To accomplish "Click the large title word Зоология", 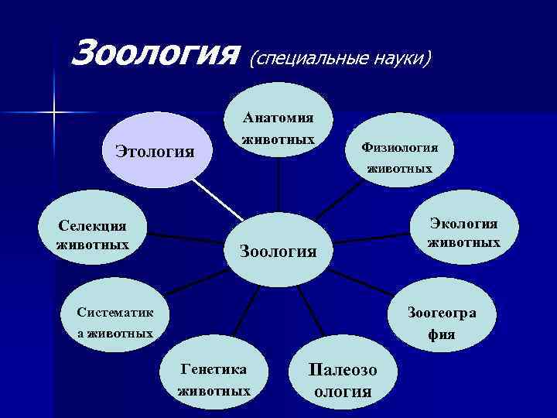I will coord(152,53).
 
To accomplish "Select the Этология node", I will coord(154,149).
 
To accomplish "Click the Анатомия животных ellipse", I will coord(278,128).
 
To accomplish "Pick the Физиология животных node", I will coord(399,157).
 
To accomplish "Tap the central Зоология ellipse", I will coord(278,250).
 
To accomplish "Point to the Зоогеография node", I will coord(442,323).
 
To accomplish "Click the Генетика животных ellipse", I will coord(214,379).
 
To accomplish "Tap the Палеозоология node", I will coord(343,380).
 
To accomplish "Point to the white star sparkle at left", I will coord(55,113).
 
